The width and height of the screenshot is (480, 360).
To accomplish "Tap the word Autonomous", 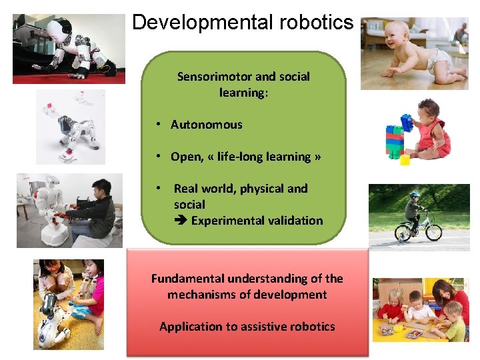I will coord(207,125).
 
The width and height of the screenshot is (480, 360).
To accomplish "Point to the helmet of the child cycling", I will coord(415,195).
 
